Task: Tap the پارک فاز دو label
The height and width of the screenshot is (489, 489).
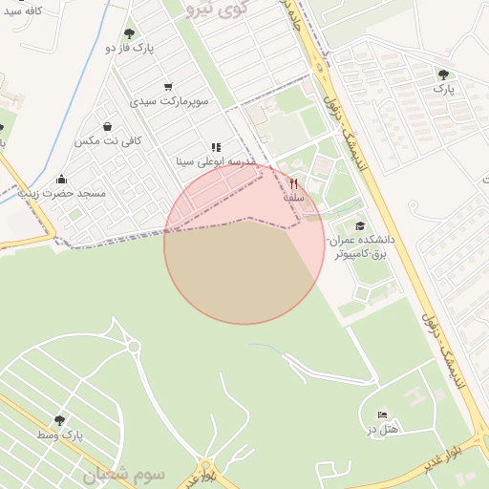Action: coord(129,47)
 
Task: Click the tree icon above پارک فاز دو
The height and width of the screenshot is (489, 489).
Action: coord(129,32)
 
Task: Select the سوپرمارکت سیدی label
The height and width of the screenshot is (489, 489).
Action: coord(169,99)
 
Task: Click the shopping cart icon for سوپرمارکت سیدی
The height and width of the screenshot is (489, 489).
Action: coord(169,86)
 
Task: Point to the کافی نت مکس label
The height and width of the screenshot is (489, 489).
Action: coord(108,140)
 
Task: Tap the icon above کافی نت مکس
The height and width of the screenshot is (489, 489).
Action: coord(107,126)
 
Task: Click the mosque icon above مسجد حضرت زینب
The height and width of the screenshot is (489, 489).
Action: coord(62,179)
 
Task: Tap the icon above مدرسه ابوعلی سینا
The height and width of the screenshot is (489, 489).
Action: coord(216,148)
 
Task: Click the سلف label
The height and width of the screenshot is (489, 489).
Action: coord(293,197)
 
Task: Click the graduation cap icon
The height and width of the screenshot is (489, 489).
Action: coord(359,226)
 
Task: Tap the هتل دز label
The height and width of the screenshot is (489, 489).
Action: coord(382,429)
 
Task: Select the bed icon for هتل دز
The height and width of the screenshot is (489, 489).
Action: coord(382,415)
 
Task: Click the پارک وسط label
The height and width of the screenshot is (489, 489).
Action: coord(61,435)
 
